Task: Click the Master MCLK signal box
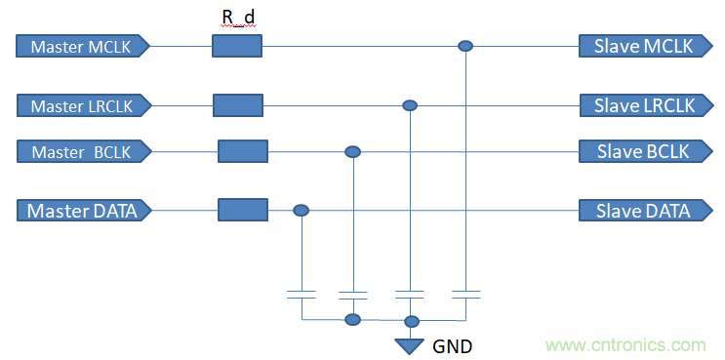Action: click(83, 46)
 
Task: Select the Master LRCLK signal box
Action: click(84, 105)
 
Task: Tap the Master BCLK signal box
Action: click(84, 151)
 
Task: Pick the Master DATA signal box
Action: click(84, 211)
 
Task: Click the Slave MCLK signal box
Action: click(646, 46)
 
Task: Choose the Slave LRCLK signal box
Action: click(646, 105)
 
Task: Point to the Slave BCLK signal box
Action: click(646, 151)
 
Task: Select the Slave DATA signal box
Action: click(646, 211)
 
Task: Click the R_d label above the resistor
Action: click(239, 18)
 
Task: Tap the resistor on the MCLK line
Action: click(237, 46)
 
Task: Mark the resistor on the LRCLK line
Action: click(238, 105)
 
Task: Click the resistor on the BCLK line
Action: click(243, 151)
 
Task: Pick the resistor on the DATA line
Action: click(243, 210)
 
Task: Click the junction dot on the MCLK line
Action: click(465, 46)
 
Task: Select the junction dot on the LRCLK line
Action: click(410, 105)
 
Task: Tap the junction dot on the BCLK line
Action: click(353, 151)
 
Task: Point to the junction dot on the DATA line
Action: click(301, 211)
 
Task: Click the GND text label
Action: click(452, 346)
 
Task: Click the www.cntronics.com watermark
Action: click(625, 344)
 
